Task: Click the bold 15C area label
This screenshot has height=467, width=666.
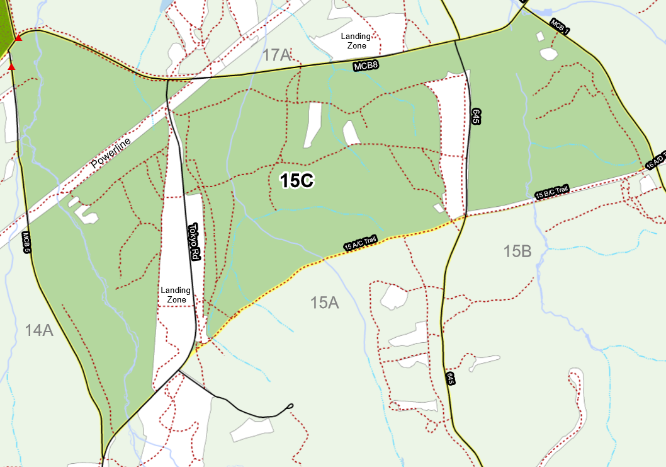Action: pos(296,181)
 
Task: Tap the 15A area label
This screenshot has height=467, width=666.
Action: pos(325,303)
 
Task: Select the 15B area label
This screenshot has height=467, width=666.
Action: pos(517,251)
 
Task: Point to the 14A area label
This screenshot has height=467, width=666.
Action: pos(39,330)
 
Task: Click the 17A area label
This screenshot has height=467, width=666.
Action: pos(276,55)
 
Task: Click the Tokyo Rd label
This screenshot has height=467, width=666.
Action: pos(195,241)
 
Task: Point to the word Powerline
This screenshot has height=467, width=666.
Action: pos(111,153)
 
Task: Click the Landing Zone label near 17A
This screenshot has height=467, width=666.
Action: pos(356,41)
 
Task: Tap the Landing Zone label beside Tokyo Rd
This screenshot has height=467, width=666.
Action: pos(176,295)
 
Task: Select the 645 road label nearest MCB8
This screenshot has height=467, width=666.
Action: pos(476,116)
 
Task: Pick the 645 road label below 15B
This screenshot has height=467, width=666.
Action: pos(451,379)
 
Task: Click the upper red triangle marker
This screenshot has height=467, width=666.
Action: pos(18,38)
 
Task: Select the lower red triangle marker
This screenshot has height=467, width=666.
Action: pos(11,66)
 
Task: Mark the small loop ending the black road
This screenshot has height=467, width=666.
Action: pos(290,406)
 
